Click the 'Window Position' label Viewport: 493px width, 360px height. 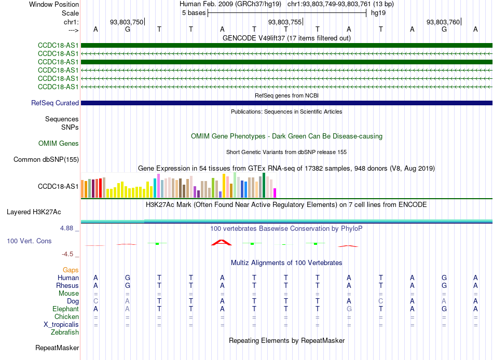[54, 4]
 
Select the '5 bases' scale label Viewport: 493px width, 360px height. [194, 13]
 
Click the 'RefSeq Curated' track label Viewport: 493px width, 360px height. [55, 103]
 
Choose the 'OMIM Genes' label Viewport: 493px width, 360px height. [59, 143]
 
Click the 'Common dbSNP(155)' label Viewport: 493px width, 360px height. [46, 159]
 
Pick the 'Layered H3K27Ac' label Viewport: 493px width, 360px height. [34, 212]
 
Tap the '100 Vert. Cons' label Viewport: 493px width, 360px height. [29, 241]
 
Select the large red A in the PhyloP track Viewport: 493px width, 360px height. [222, 242]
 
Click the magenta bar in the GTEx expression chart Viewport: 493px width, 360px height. [275, 193]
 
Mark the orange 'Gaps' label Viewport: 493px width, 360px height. [71, 270]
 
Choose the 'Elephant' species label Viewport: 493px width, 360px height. [65, 309]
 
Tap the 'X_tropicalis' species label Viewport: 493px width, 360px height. [61, 325]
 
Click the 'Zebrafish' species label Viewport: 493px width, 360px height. [65, 332]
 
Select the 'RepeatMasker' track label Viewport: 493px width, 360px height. [57, 348]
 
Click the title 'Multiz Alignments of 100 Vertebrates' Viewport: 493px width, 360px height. [286, 262]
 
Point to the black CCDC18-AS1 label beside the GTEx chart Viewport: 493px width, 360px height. [58, 186]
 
